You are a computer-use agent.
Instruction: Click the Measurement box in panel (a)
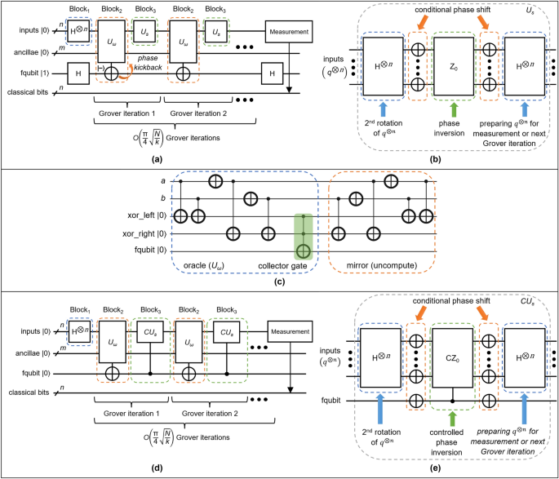tap(288, 33)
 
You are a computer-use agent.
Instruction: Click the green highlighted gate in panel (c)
tap(304, 235)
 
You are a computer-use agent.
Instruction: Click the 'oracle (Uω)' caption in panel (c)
tap(206, 264)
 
